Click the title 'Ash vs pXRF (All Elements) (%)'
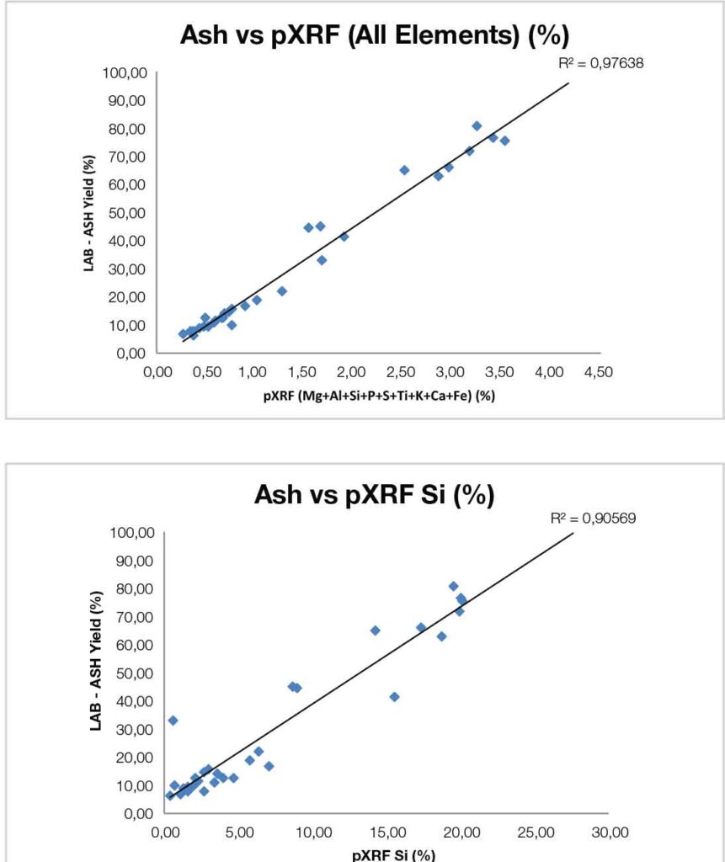376,38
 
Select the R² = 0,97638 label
601,63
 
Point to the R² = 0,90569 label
593,519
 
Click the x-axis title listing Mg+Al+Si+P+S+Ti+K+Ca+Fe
377,396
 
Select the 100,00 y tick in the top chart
125,73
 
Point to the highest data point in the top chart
477,125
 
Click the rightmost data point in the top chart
504,141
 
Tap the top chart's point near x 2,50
404,170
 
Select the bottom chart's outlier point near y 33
173,721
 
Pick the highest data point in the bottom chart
453,586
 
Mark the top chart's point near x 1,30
282,291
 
